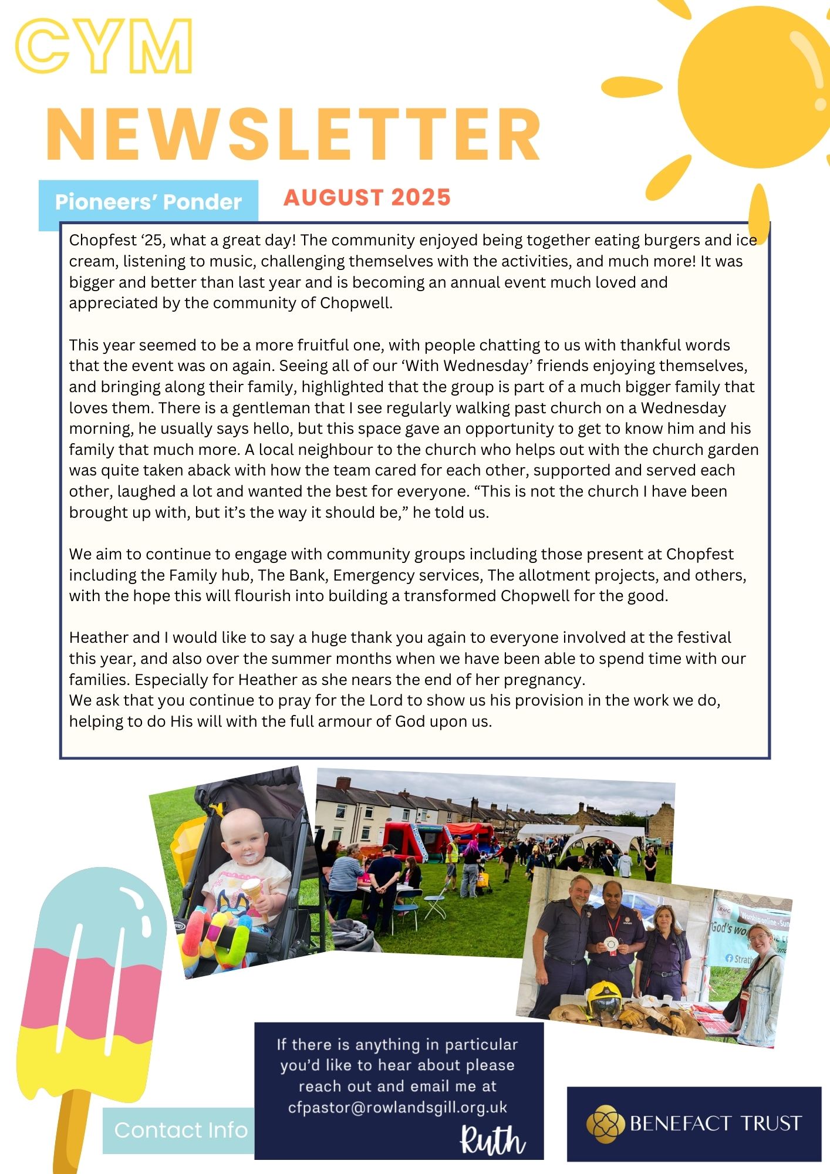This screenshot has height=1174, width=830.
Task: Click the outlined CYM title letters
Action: pos(104,46)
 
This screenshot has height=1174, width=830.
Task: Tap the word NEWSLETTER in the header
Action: pos(292,134)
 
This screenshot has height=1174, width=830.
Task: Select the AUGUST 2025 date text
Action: pos(367,198)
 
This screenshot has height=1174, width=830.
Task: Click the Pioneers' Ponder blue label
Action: pos(148,203)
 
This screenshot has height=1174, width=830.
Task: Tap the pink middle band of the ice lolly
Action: pos(88,992)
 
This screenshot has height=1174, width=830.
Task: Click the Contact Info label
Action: pos(180,1130)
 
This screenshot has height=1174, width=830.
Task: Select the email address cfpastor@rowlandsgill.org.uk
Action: pos(397,1108)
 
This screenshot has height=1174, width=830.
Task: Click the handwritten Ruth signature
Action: pos(492,1140)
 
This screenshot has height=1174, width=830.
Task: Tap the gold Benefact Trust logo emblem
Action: pos(605,1123)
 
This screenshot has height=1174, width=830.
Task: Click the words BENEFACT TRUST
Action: pos(715,1124)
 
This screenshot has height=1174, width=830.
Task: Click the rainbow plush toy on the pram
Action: pos(217,939)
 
